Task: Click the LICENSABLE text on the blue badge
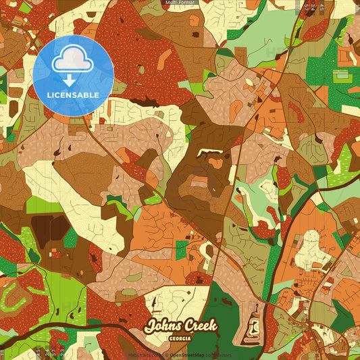(x=73, y=95)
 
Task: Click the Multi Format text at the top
(x=180, y=3)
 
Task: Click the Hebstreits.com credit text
(x=143, y=355)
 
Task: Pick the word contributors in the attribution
(x=219, y=355)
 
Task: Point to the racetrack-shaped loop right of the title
(x=255, y=328)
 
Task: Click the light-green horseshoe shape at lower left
(x=20, y=297)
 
